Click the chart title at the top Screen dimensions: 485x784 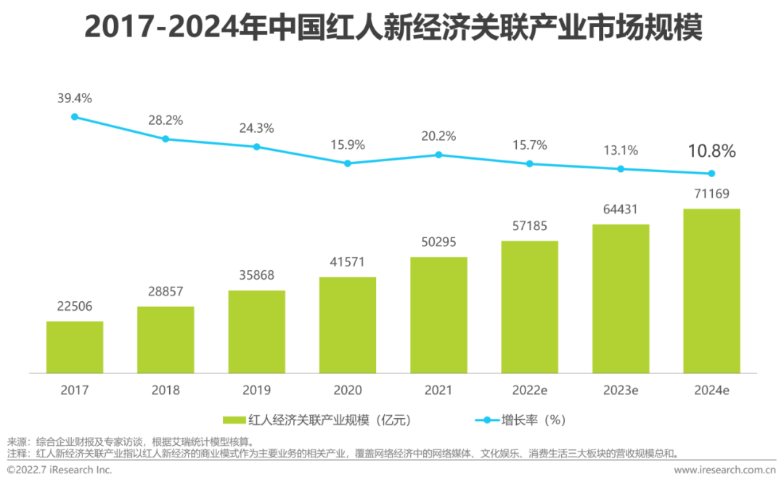point(393,28)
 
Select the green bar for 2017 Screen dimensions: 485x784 point(75,347)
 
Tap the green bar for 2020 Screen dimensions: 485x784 point(348,325)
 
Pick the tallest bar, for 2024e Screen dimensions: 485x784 point(711,290)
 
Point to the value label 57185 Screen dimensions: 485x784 point(530,227)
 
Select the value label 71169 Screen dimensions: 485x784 point(711,194)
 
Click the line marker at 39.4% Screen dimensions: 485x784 point(75,116)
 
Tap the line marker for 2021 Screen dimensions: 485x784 point(438,155)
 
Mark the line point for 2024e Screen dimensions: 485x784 point(711,174)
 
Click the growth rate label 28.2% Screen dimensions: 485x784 point(166,120)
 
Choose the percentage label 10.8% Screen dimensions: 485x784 point(711,152)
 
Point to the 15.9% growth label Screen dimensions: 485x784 point(348,144)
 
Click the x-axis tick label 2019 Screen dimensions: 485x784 point(257,390)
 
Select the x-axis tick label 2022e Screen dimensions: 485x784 point(530,390)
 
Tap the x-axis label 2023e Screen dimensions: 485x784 point(621,390)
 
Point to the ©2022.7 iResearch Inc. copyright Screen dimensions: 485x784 point(60,470)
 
